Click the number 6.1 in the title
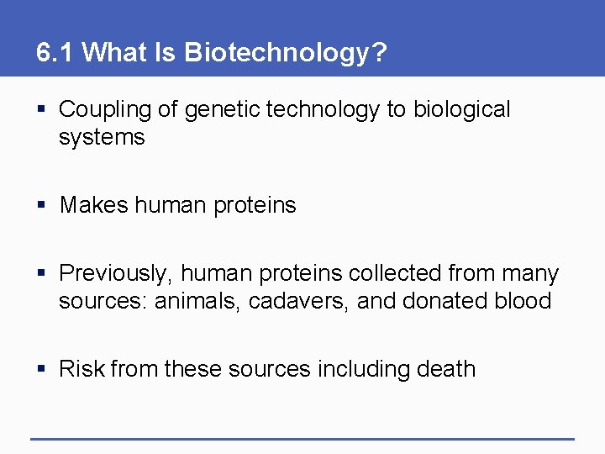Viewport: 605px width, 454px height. [55, 54]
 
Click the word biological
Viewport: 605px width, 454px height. [461, 110]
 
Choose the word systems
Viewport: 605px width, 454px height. [102, 137]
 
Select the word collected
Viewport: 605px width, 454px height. [395, 274]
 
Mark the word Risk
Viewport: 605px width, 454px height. [82, 369]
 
